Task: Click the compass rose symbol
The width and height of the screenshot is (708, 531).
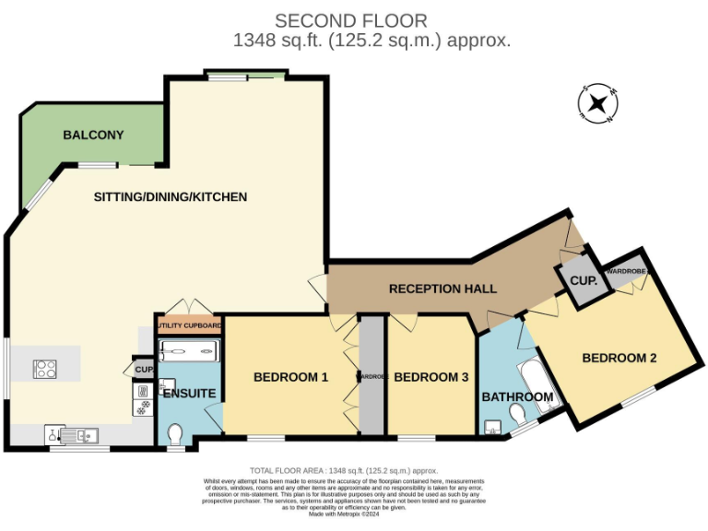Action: pos(598,103)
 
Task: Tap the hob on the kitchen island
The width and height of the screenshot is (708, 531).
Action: pos(45,369)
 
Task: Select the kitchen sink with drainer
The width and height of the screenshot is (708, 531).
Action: pos(73,433)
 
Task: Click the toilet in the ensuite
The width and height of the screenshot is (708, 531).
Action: pos(175,432)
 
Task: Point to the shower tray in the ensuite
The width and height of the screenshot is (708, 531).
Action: pos(189,351)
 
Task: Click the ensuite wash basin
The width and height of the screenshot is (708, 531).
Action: pos(166,385)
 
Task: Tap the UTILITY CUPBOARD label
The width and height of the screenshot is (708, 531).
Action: pos(189,325)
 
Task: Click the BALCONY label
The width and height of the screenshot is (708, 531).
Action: pos(93,136)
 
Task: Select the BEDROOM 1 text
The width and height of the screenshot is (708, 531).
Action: pos(290,377)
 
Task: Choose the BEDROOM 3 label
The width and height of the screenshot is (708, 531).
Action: pos(431,377)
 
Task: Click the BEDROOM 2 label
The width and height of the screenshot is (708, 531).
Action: pos(619,358)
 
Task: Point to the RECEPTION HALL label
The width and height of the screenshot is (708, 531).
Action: pos(442,289)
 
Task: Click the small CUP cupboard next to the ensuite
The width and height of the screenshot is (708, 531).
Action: pos(144,369)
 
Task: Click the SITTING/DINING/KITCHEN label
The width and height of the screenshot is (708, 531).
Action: pos(171,196)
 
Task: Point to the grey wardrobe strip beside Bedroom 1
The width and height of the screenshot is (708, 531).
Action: pos(372,376)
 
